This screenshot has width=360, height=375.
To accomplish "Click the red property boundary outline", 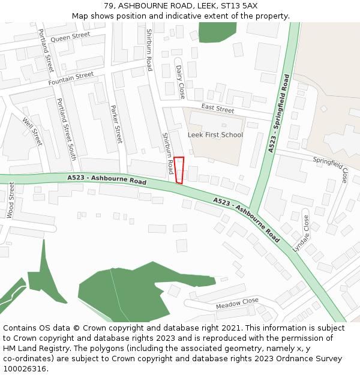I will point(179,170).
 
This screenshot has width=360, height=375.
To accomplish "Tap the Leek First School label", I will point(215,135).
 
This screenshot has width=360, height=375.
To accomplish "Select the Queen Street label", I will point(70,37).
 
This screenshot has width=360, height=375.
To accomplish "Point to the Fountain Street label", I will point(71,78).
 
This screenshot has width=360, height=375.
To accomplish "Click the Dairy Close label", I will point(181,82).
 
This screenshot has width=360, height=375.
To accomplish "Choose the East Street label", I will point(218,109).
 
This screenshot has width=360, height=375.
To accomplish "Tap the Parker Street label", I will point(116,124).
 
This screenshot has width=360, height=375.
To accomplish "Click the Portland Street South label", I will point(67,129).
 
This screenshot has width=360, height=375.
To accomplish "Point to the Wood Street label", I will point(11,200).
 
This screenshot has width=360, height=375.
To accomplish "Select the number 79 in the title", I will point(108,5).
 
